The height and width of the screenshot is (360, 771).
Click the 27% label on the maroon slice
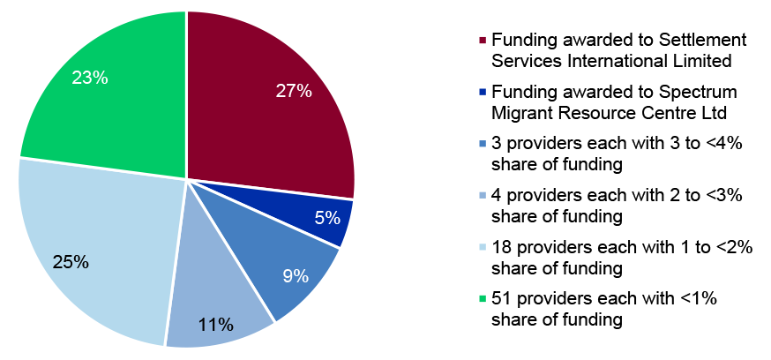coord(294,91)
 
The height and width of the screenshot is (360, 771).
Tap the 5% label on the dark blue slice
coord(326,217)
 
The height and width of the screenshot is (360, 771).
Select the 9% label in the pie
coord(296,275)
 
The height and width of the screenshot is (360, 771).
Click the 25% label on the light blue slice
coord(71,262)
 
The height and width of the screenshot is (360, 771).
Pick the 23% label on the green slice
coord(90,79)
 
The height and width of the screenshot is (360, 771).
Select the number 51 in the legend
coord(501,299)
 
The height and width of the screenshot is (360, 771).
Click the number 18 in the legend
coord(501,248)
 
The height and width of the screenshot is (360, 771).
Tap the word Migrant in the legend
coord(520,113)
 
